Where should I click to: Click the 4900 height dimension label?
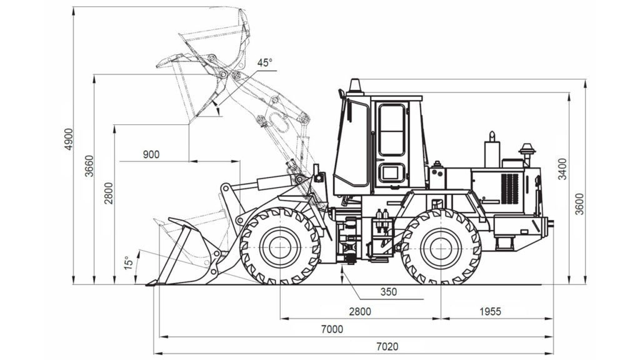click(69, 139)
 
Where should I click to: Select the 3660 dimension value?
click(89, 166)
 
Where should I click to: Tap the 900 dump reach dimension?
click(151, 155)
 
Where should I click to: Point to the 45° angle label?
click(264, 63)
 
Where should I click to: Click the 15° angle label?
click(129, 263)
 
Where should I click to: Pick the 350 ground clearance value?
click(389, 292)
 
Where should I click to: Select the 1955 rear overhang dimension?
click(490, 311)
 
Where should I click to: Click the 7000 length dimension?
click(332, 329)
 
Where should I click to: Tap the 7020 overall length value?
click(387, 347)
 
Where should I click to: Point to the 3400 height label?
click(562, 169)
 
